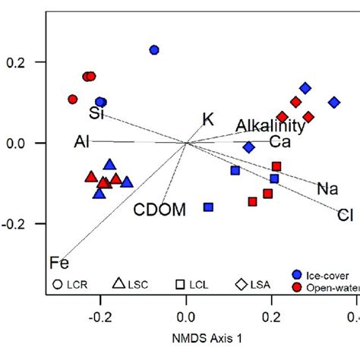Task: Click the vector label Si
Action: [96, 115]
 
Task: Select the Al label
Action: [83, 142]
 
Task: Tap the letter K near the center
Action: [208, 118]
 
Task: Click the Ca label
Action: [279, 142]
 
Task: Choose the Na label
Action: [327, 188]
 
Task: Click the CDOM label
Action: [159, 209]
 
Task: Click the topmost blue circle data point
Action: [154, 50]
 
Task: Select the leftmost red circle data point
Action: [73, 99]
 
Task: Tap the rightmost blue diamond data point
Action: [333, 102]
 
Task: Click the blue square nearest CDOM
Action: [208, 207]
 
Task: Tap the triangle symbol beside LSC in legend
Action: [119, 284]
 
